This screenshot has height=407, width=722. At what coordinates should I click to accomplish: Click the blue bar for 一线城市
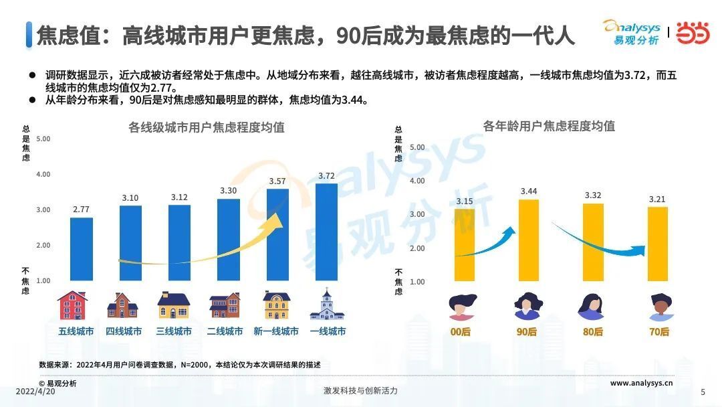point(326,232)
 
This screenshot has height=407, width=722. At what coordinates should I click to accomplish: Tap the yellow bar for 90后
point(528,240)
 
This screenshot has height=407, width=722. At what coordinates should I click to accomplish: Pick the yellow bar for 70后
point(658,244)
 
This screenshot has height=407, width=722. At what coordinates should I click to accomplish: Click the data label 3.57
point(277,181)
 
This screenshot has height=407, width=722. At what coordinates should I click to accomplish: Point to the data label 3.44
point(528,191)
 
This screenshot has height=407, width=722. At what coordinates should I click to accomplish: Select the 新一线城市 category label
point(276,331)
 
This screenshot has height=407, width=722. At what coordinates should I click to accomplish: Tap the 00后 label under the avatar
point(461,332)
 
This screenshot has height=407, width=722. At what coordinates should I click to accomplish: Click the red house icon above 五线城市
point(73,305)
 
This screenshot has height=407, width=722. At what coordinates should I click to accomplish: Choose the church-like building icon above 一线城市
point(327,305)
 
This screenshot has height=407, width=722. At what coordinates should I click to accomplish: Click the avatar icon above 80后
point(592,307)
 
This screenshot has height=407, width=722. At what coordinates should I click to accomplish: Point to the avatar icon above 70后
point(658,307)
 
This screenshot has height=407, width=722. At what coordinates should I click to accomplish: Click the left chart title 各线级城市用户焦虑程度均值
point(206,127)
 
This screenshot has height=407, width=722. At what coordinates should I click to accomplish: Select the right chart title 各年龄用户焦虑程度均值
point(549,126)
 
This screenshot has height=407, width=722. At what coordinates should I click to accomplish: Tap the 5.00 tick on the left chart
point(43,139)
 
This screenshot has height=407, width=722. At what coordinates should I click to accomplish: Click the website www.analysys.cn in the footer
point(641,383)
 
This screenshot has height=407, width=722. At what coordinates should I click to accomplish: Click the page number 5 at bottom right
point(702,392)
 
